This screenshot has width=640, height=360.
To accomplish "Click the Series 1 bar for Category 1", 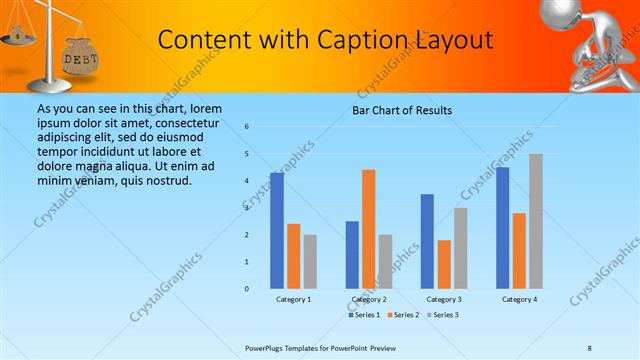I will tap(277, 230).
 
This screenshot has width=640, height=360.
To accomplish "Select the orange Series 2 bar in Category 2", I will tap(368, 229).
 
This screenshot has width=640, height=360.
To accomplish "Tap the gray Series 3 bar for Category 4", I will tap(536, 221).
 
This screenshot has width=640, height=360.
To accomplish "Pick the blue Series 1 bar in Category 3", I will tap(427, 241).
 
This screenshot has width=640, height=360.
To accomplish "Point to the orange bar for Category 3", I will tap(443, 264).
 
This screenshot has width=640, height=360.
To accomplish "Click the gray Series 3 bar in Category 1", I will tap(310, 262).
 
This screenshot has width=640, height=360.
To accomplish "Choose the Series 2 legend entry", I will tap(403, 315).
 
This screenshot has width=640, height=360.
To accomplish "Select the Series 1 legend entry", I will tap(364, 315).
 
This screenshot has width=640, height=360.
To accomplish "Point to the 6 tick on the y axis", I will tap(247, 127).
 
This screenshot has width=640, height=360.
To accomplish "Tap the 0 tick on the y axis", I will tap(247, 289).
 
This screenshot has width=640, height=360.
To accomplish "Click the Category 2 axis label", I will tap(368, 299).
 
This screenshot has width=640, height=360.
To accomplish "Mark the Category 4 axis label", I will tap(519, 299).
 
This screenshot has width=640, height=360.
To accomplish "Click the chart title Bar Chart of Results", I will tap(402, 110).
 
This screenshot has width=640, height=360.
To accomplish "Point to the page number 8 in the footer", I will tap(590, 347).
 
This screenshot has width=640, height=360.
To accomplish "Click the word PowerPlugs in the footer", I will tap(265, 347).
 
